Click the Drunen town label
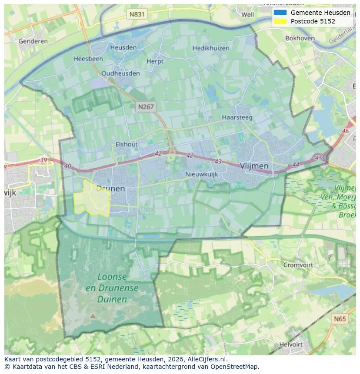pos(110,189)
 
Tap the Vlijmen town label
pos(254,166)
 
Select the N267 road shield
pos(146,106)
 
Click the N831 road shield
pos(137,14)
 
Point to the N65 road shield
pos(340,319)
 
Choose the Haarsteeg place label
pos(237,117)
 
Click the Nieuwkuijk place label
pos(201,174)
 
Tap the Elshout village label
pos(127,144)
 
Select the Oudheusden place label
pos(120,73)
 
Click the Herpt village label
pos(155,62)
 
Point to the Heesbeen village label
pos(88,59)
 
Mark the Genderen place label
pos(33,41)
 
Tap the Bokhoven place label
pos(300,38)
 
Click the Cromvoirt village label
pos(298,265)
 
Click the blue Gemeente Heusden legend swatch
pos(280,13)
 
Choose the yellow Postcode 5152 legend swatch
pos(280,21)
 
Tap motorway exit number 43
pos(218,162)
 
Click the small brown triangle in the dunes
pos(92,316)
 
